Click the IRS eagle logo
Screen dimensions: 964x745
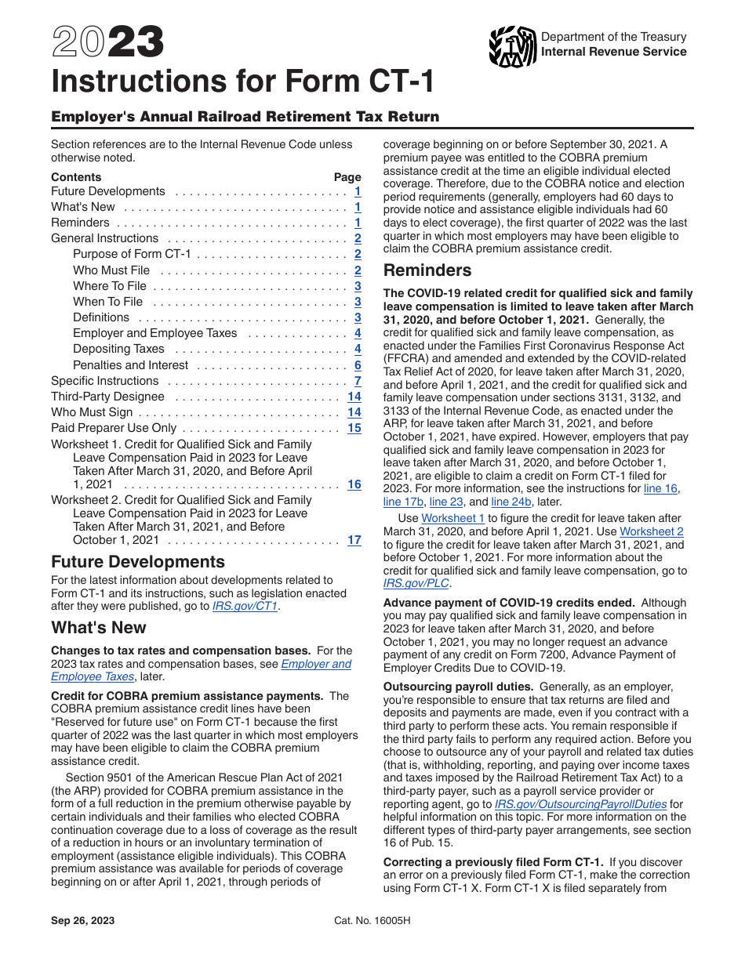[512, 46]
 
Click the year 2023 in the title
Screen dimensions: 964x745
[108, 42]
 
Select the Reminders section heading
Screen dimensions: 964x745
[427, 270]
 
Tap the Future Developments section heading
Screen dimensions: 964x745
[137, 562]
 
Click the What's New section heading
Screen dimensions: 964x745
[99, 628]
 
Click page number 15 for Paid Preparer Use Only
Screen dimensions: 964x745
[354, 428]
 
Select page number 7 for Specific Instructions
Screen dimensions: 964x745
[358, 381]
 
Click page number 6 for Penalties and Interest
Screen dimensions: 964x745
[358, 365]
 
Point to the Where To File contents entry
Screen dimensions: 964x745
[110, 286]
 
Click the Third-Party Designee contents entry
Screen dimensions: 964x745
[107, 397]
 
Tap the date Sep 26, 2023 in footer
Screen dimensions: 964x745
[82, 921]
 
